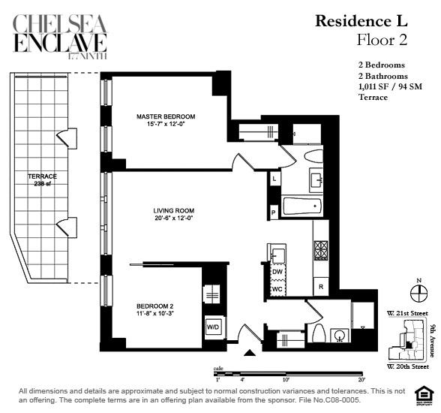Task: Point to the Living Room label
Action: click(174, 214)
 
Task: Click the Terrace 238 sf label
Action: click(42, 180)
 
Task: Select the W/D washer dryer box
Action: click(213, 327)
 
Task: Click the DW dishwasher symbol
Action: click(277, 271)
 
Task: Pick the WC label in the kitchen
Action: click(277, 288)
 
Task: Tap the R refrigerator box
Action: click(320, 287)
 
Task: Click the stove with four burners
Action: click(321, 249)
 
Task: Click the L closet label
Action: click(274, 179)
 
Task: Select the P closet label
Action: click(274, 213)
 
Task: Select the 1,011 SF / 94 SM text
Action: click(390, 87)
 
